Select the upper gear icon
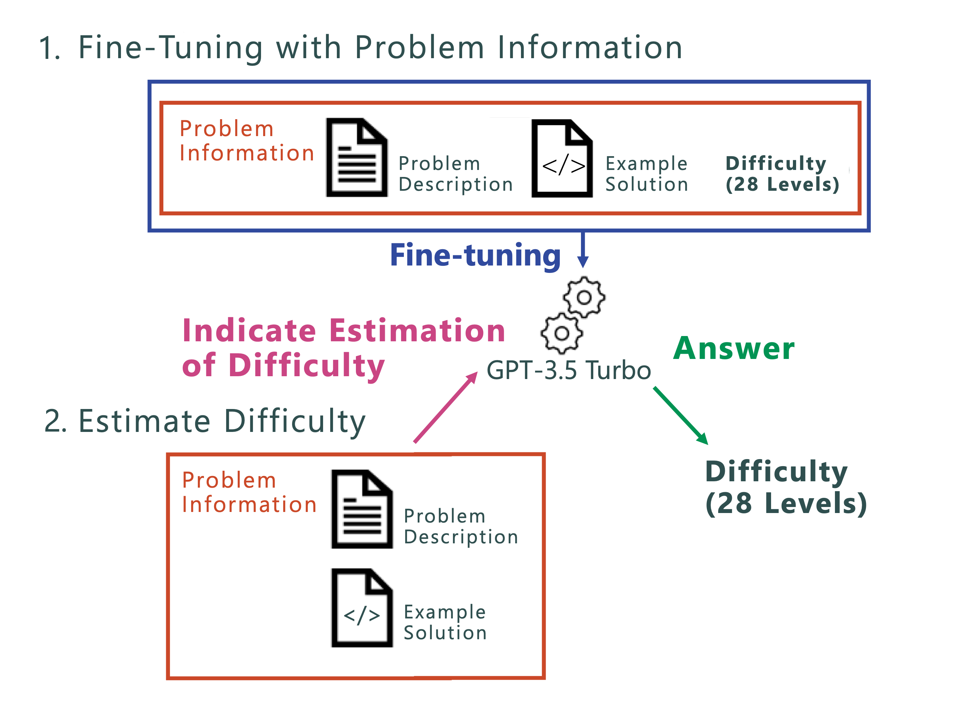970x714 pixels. pyautogui.click(x=584, y=297)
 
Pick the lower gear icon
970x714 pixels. pyautogui.click(x=562, y=333)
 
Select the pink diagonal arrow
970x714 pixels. pyautogui.click(x=445, y=408)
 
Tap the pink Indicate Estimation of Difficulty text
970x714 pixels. pyautogui.click(x=343, y=348)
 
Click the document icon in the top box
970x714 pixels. pyautogui.click(x=357, y=158)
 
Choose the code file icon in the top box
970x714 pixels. pyautogui.click(x=562, y=159)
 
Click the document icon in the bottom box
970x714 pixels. pyautogui.click(x=362, y=509)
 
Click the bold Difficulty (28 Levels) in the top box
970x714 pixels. pyautogui.click(x=782, y=174)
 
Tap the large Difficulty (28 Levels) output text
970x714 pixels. pyautogui.click(x=786, y=488)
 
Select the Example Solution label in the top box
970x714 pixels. pyautogui.click(x=646, y=174)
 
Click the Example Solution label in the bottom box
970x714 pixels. pyautogui.click(x=445, y=622)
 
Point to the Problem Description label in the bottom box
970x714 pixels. pyautogui.click(x=460, y=526)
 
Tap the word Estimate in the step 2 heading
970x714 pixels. pyautogui.click(x=144, y=421)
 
